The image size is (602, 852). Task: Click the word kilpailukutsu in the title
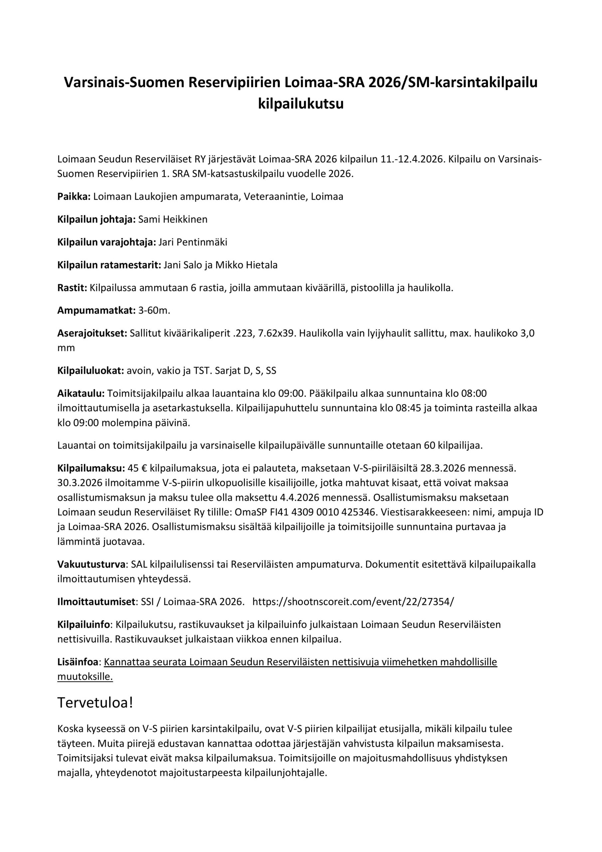tap(301, 104)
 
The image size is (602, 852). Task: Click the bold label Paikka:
tap(74, 197)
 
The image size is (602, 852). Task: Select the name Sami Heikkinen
tap(173, 219)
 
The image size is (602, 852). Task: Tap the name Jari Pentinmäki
tap(193, 242)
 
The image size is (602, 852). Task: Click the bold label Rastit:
tap(72, 288)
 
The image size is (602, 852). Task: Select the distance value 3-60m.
tap(154, 311)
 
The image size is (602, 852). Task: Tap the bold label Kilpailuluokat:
tap(90, 371)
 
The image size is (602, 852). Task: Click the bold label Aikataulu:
tap(81, 393)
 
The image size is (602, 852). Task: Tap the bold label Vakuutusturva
tap(91, 564)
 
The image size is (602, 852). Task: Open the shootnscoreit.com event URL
tap(353, 602)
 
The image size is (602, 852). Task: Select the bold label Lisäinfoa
tap(77, 662)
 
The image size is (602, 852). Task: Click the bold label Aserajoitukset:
tap(92, 333)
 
